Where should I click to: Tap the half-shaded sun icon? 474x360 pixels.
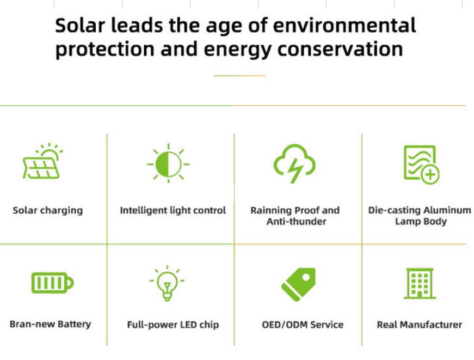[168, 164]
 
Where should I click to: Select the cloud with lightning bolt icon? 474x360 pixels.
[294, 163]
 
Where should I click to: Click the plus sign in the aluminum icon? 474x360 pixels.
[430, 175]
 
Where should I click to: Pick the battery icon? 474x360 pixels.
[53, 283]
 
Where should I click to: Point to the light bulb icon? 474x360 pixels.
[167, 283]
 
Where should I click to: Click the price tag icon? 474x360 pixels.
[299, 284]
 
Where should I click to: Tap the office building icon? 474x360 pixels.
[420, 283]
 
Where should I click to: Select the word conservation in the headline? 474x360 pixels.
[340, 49]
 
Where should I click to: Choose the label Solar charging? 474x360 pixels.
[48, 211]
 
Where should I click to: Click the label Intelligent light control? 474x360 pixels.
[173, 210]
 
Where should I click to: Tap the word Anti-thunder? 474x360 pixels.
[296, 222]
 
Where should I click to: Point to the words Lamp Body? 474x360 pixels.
[421, 222]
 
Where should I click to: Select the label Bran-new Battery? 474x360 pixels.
[50, 324]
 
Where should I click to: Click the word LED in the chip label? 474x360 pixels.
[188, 325]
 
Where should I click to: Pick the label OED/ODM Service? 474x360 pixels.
[303, 325]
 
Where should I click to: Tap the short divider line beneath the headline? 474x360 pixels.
[239, 75]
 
